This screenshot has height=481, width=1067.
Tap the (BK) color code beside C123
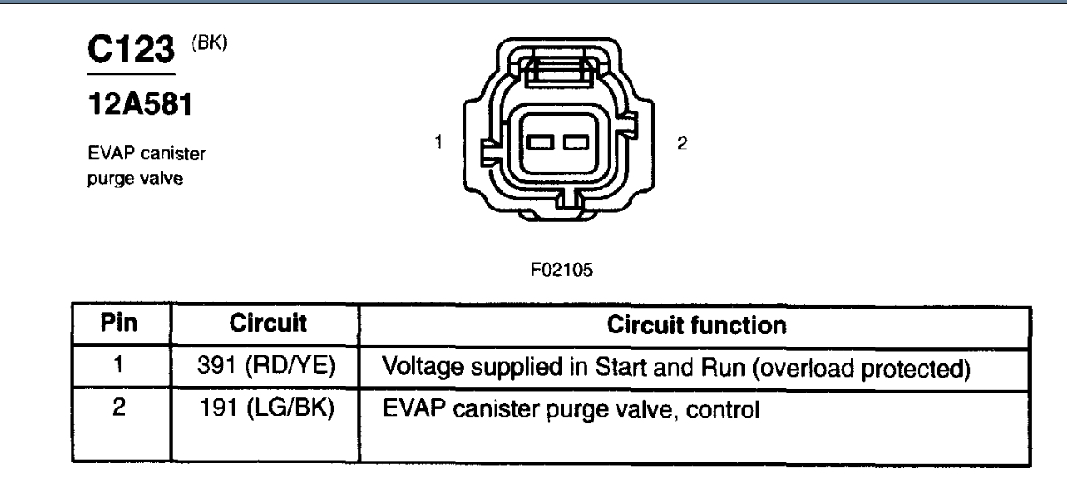point(212,42)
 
